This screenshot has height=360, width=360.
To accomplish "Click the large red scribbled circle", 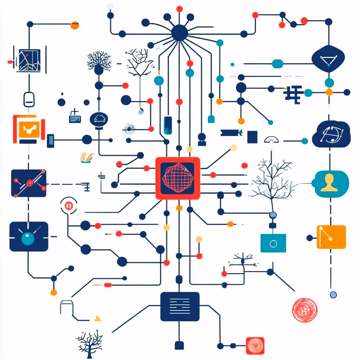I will coord(304,310).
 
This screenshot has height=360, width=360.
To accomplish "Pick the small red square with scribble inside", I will coord(255,346).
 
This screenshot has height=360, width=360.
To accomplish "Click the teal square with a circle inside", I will coord(273,243).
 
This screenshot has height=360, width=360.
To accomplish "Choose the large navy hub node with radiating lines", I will coord(179,32).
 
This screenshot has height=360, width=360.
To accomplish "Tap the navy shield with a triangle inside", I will coord(329,58).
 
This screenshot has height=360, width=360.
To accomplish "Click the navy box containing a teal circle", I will coord(28,237).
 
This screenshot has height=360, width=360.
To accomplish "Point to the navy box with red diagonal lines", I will coord(28,183).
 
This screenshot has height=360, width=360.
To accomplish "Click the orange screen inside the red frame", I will coord(28,129).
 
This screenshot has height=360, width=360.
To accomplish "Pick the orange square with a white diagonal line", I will coord(331,237).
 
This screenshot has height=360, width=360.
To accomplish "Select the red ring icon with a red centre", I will coord(67,205).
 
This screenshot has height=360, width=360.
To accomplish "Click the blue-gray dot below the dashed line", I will coord(333,295).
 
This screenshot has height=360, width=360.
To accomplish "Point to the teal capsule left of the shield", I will coord(277,64).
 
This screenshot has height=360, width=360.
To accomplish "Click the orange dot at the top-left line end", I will coord(75,25).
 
